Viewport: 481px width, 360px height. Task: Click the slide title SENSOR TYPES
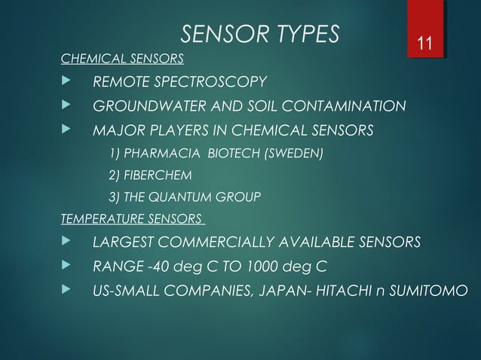[261, 34]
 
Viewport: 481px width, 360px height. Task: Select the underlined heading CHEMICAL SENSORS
[122, 58]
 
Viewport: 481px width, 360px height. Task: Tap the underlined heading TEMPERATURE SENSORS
[131, 220]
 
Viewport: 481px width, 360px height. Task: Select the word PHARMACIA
[155, 154]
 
